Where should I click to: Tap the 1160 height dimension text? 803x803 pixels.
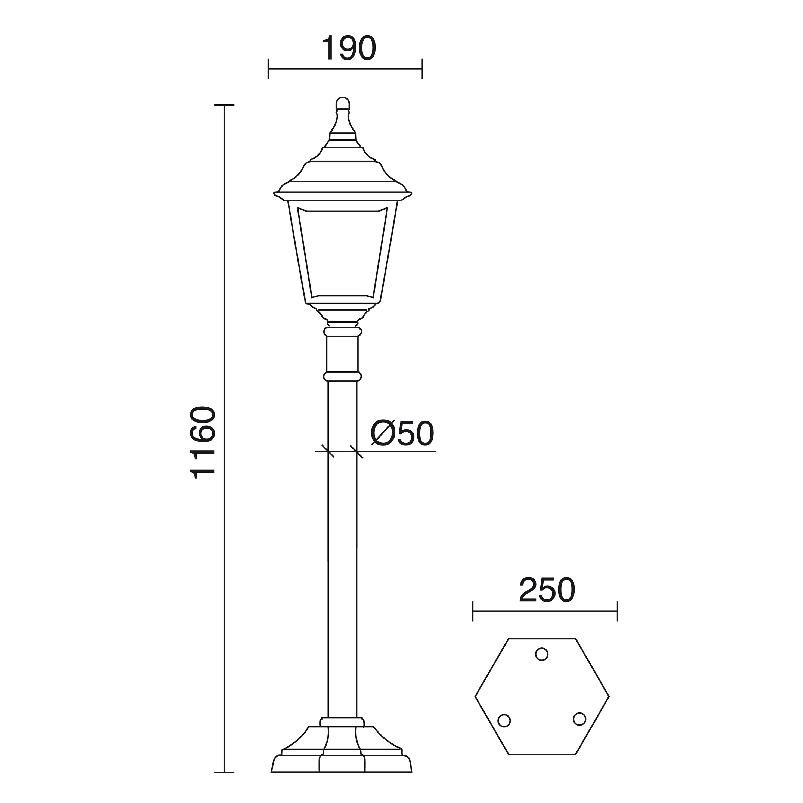(x=203, y=443)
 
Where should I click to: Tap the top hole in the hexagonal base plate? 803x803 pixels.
(x=542, y=654)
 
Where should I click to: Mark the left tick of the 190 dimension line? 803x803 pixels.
(x=268, y=69)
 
